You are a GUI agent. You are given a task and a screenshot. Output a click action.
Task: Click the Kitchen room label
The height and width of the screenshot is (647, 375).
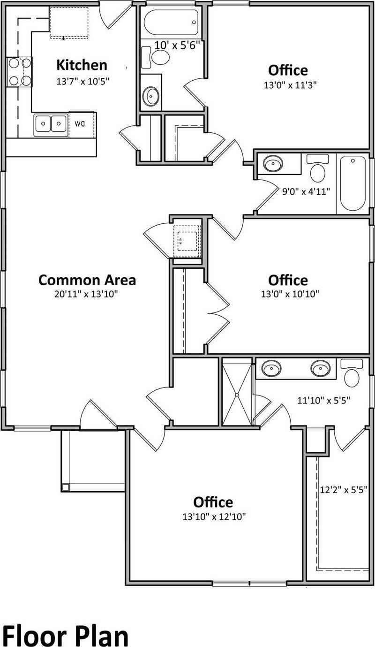tap(82, 65)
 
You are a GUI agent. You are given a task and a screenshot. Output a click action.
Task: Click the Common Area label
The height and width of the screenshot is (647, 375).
tap(87, 280)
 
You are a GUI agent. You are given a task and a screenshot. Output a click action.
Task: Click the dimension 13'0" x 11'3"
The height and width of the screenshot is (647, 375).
tap(288, 85)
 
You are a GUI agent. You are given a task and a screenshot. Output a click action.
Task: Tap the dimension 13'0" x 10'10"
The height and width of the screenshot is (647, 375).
tap(288, 294)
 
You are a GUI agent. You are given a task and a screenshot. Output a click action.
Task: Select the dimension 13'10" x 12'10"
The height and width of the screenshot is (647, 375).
tap(214, 517)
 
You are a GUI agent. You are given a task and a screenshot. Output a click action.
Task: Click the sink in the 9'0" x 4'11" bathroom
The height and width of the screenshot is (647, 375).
tap(273, 164)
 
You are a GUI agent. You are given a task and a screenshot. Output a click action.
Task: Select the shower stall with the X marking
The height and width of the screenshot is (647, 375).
tap(237, 392)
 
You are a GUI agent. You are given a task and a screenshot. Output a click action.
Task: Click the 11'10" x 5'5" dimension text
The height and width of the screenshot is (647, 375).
tap(324, 400)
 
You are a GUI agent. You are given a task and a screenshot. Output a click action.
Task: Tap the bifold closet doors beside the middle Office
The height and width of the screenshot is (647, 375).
tap(217, 311)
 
